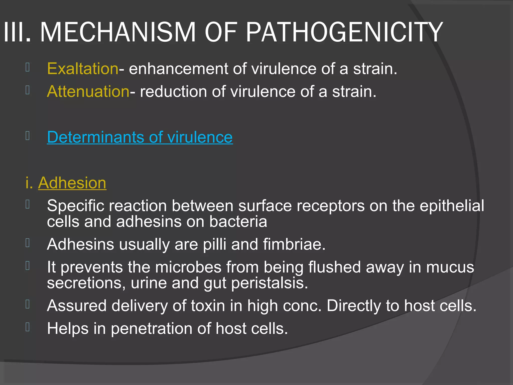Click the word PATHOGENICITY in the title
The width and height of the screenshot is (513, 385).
344,32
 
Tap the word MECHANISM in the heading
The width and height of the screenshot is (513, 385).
118,32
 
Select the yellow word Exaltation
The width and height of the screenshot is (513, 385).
83,68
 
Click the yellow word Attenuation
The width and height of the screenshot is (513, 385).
88,91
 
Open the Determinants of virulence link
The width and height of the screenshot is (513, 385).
140,137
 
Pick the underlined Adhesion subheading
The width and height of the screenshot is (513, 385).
72,183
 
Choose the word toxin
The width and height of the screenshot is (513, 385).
208,306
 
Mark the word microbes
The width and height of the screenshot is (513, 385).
188,267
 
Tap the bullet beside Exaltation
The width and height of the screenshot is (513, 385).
28,67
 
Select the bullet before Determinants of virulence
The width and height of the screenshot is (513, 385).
28,136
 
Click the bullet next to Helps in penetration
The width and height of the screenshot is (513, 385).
28,327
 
